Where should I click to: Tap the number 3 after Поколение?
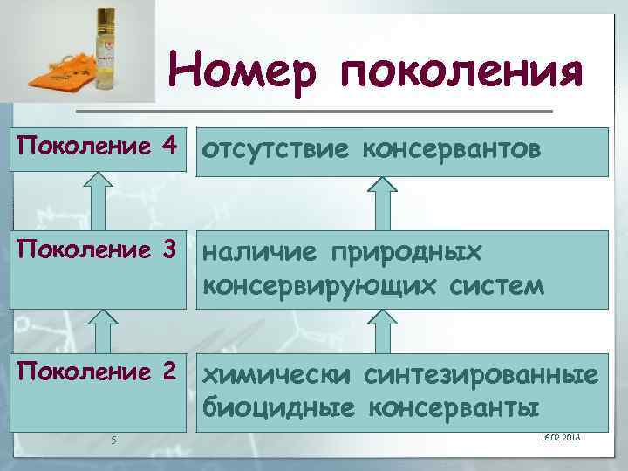[x=169, y=250]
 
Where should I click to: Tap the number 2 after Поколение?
[x=169, y=372]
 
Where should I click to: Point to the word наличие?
[x=262, y=253]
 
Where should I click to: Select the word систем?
[x=502, y=284]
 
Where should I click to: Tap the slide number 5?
[x=114, y=439]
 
